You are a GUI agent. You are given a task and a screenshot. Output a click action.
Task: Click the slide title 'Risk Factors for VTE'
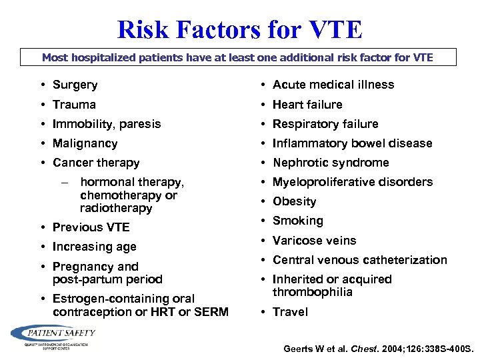240,29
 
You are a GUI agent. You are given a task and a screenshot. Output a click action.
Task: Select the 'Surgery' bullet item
75,85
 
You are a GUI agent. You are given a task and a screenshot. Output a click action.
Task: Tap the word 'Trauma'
74,105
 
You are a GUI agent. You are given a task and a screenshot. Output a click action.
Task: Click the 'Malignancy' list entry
85,143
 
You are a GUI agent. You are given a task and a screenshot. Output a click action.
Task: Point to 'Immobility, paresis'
107,124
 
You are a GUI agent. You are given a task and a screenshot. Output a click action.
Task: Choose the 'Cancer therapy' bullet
96,163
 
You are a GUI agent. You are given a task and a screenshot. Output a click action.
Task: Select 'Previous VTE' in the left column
91,227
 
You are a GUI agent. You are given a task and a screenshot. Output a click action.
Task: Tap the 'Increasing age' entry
94,247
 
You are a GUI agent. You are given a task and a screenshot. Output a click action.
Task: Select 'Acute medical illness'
333,85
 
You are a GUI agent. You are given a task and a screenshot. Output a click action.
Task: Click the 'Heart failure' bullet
307,105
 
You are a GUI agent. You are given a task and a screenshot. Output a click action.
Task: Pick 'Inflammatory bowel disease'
352,143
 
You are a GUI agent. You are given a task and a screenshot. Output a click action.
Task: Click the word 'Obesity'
294,201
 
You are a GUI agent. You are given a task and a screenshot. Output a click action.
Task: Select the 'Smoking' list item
297,221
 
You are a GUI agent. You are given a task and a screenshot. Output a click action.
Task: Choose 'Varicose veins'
314,241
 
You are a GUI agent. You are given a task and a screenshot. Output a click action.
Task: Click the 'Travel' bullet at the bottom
290,312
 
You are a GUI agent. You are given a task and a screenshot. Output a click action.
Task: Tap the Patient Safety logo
53,335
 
